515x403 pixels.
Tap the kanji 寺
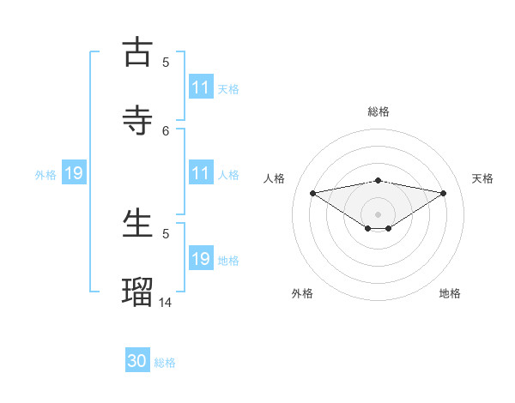[x=137, y=120]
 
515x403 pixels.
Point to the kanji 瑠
[x=137, y=292]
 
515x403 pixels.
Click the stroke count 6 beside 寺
[x=166, y=130]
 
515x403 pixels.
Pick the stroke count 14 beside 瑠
[x=166, y=302]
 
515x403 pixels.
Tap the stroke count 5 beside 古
[x=166, y=62]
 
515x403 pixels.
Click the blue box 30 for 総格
[x=137, y=361]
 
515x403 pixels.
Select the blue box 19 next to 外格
[x=73, y=174]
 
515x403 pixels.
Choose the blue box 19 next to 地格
[x=201, y=259]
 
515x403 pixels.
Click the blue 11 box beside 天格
[x=201, y=87]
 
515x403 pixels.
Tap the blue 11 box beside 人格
[x=201, y=173]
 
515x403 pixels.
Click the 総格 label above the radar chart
[x=379, y=111]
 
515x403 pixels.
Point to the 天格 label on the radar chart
[x=482, y=178]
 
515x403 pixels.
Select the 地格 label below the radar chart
[x=450, y=293]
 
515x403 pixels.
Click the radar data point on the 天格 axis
[x=444, y=193]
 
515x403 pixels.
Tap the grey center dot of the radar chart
[x=379, y=214]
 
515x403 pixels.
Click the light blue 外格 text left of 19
[x=45, y=175]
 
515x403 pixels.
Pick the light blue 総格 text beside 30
[x=165, y=363]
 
